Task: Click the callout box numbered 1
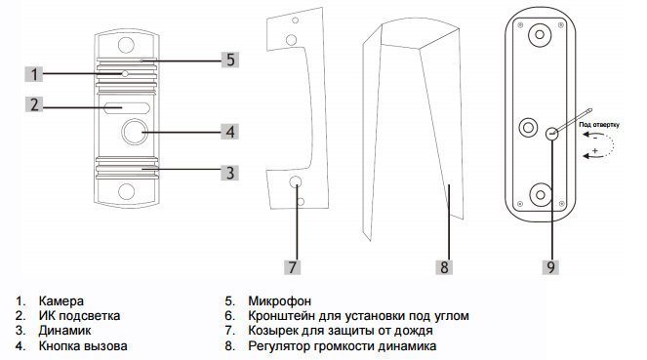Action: (33, 74)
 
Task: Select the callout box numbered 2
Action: (34, 104)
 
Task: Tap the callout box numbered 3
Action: (230, 172)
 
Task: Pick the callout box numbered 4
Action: (230, 132)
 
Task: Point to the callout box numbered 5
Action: (230, 60)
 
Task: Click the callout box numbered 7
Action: (292, 266)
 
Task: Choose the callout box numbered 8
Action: (444, 266)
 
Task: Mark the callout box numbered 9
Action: (550, 266)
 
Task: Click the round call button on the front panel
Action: (135, 132)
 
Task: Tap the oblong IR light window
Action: (127, 108)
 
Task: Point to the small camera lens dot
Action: (125, 74)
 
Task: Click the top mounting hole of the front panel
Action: (126, 45)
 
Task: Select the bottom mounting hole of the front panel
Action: (126, 191)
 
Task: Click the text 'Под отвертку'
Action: (599, 124)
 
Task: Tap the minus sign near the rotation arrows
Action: (595, 139)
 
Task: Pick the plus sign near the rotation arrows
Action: (595, 151)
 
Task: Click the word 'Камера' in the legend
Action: (61, 301)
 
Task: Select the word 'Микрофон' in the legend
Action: (279, 301)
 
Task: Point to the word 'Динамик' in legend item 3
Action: (64, 331)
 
